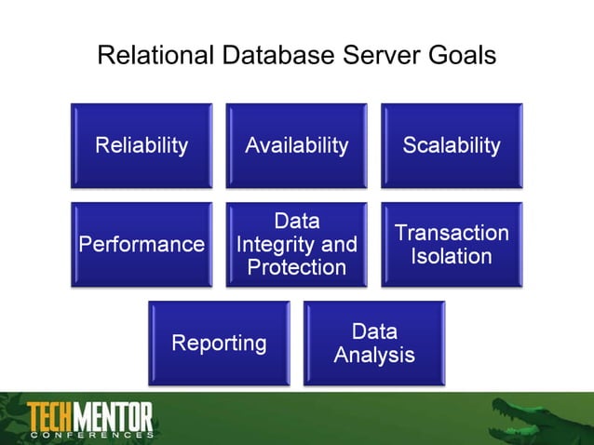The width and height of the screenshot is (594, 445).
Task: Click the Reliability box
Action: pos(142,145)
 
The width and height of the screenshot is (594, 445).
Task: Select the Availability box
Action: pos(296,145)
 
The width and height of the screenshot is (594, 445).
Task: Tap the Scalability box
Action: pos(452,145)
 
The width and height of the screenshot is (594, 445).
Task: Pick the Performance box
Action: pos(142,245)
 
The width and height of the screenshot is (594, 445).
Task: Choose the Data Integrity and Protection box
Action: pos(296,245)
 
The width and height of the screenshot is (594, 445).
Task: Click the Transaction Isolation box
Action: pos(452,245)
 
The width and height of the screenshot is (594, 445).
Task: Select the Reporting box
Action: pos(219,344)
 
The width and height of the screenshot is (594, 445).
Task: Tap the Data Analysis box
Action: pos(374,344)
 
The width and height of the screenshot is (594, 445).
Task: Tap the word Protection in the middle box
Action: pos(296,268)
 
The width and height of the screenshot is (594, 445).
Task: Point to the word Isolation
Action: pos(452,256)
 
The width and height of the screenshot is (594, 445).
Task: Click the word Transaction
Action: pos(452,233)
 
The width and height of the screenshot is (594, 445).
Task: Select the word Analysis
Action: pos(374,356)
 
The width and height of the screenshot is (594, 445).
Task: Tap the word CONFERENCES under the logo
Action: pos(90,435)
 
